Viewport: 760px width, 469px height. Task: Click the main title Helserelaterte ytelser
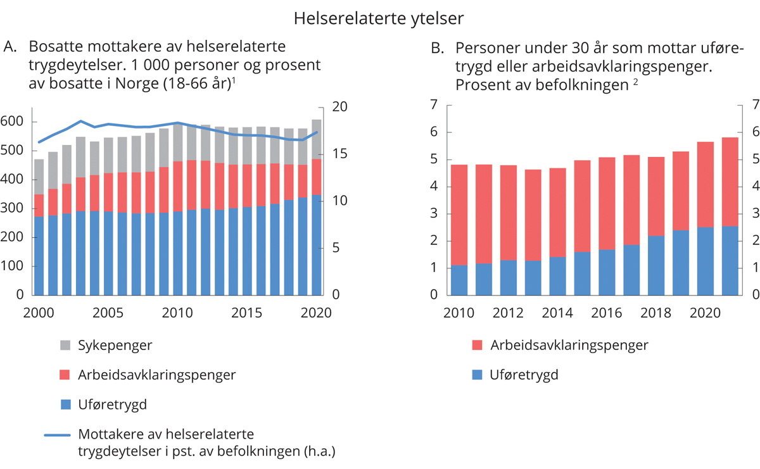tap(379, 19)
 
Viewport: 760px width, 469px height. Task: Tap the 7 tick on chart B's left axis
tap(434, 106)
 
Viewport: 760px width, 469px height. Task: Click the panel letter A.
tap(9, 47)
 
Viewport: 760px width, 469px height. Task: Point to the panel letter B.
tap(436, 49)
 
